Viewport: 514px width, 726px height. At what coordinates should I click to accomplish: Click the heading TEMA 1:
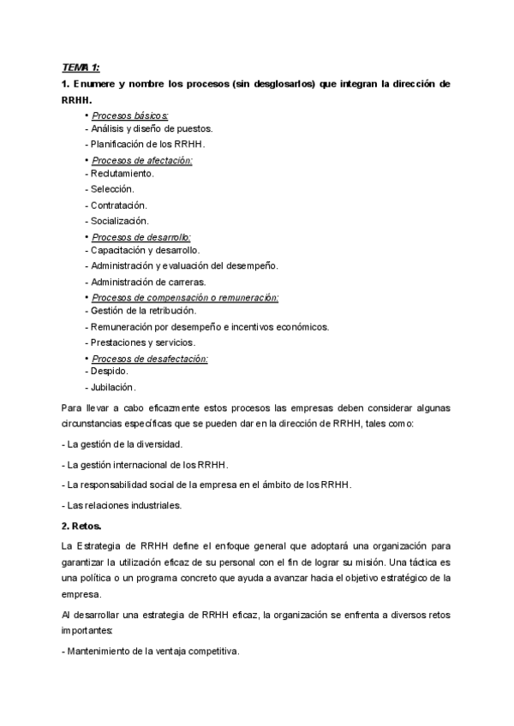click(x=82, y=68)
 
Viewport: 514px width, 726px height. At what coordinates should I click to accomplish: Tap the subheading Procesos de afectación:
click(x=141, y=160)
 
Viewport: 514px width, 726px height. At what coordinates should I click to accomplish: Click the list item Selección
click(x=110, y=189)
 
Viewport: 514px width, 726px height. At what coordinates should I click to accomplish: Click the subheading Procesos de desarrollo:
click(x=141, y=236)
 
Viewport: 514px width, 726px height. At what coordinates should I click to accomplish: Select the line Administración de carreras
click(x=146, y=282)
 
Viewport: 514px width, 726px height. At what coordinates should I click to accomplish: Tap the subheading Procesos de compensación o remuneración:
click(x=185, y=297)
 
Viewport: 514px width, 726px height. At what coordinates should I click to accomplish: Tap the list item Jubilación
click(x=111, y=387)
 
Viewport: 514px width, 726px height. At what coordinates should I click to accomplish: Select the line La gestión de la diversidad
click(x=123, y=445)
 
